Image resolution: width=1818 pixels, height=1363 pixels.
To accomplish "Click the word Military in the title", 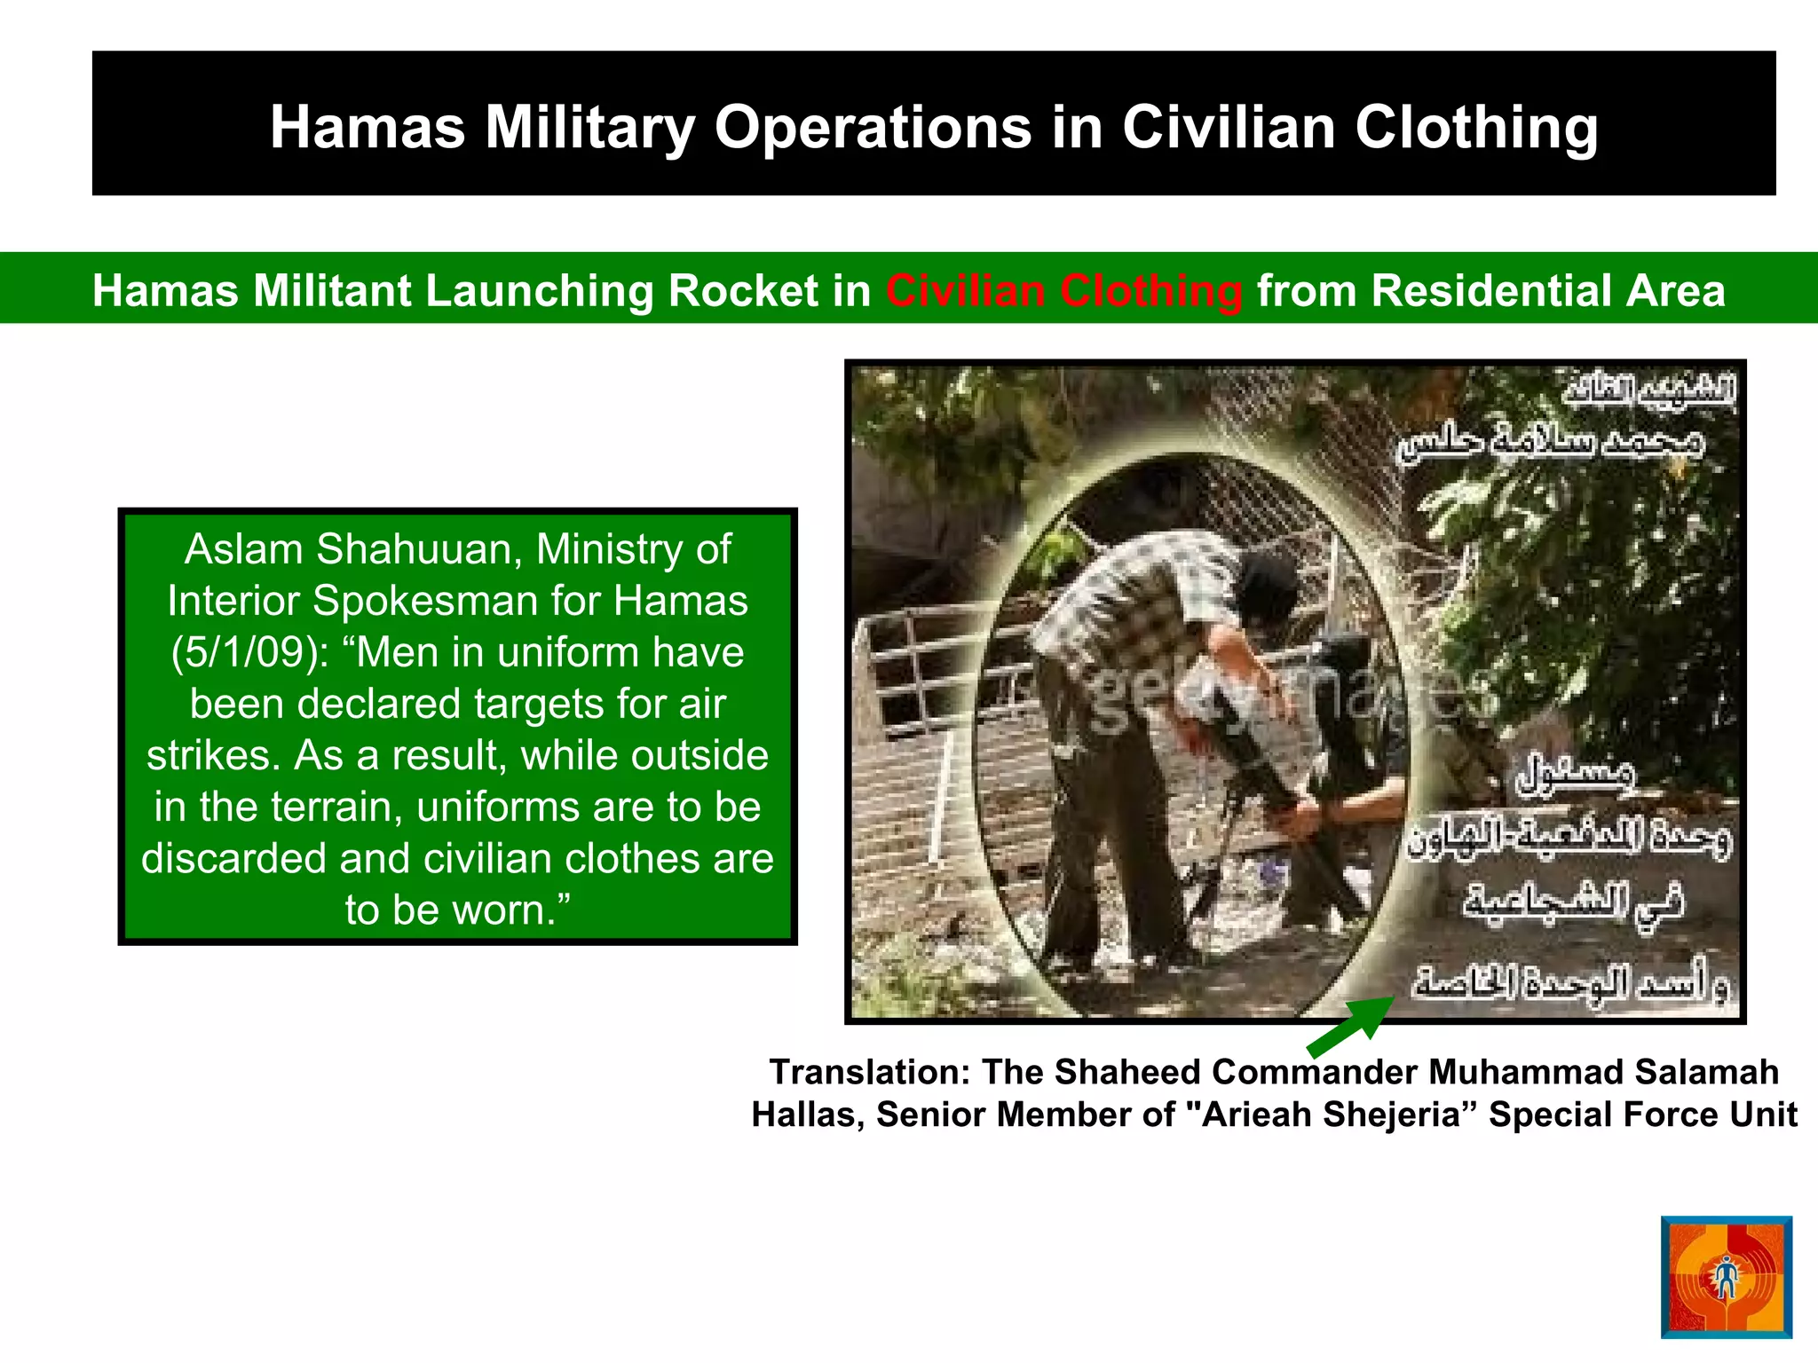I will pos(589,128).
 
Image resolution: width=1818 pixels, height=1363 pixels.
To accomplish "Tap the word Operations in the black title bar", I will pos(873,128).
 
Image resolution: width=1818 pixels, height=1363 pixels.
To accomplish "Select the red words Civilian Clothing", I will pos(1063,291).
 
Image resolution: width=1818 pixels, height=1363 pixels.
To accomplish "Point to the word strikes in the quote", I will pos(213,756).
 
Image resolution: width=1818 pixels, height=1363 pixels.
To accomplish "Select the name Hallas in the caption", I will pos(806,1115).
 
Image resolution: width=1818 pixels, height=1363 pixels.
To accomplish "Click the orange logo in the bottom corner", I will pos(1726,1276).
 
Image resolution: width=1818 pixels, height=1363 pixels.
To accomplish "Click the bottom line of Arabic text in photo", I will pos(1571,982).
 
